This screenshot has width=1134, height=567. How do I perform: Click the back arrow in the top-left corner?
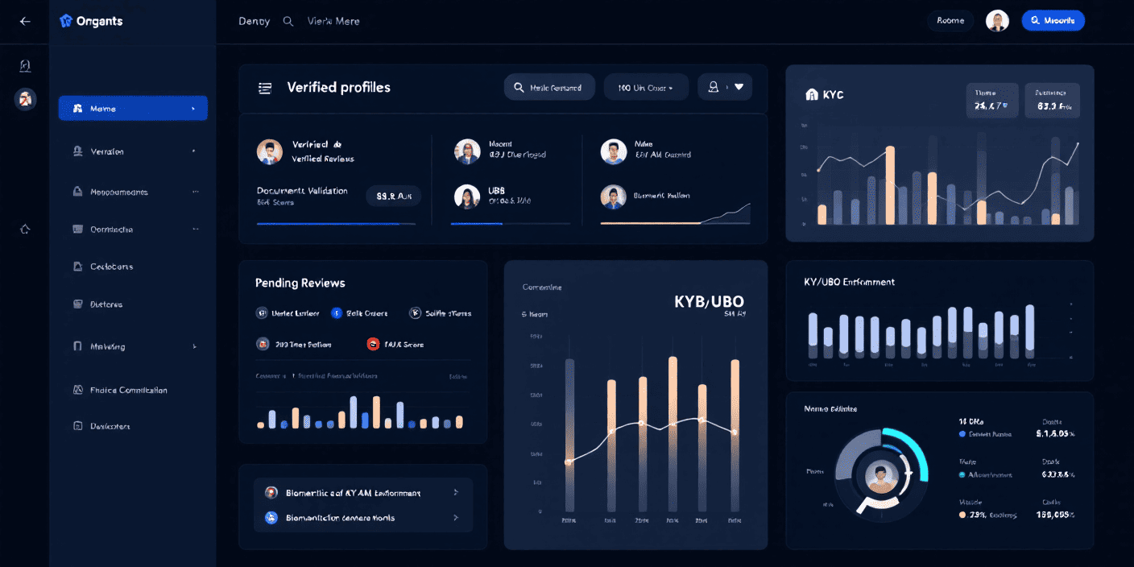[25, 22]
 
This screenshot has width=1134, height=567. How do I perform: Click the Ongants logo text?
[99, 22]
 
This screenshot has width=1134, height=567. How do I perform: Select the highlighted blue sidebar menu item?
[133, 108]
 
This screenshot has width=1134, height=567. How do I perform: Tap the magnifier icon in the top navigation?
[288, 22]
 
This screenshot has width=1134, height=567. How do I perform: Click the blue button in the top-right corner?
[1053, 21]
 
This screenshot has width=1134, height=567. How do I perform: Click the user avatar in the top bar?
[997, 21]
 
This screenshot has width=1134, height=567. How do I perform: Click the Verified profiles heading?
[338, 88]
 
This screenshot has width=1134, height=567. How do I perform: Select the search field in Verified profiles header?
[549, 88]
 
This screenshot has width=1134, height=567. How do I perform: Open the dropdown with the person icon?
[725, 87]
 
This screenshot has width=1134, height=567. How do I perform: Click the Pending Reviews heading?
[300, 283]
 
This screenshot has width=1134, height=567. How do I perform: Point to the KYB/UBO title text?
[709, 302]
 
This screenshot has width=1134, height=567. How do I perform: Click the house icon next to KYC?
[812, 95]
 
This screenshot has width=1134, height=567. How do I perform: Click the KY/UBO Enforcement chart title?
[849, 282]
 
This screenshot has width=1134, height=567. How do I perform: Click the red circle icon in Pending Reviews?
[373, 344]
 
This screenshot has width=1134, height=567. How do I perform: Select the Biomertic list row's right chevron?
[456, 492]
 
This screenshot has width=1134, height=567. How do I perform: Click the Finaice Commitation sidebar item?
[129, 390]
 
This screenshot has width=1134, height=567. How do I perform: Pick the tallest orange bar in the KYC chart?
[890, 185]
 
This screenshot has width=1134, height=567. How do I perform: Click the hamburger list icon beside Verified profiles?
[265, 88]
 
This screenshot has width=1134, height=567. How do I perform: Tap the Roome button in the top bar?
[950, 21]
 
